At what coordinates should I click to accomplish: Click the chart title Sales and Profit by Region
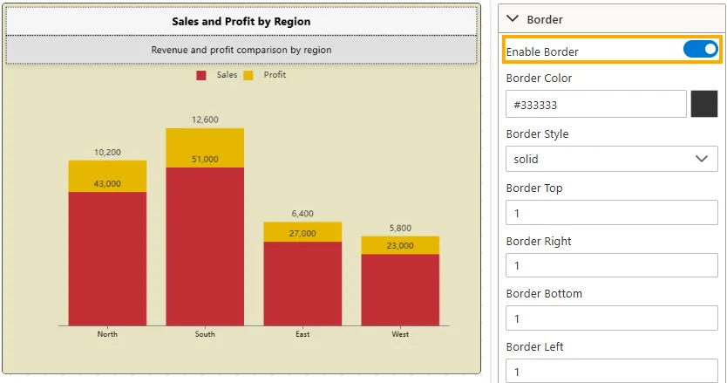(241, 21)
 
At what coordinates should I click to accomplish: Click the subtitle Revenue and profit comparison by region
(241, 50)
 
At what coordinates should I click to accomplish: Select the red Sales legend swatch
(201, 75)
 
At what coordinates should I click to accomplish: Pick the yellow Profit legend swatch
(248, 75)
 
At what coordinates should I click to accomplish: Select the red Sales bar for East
(302, 283)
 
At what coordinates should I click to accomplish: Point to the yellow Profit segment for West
(400, 245)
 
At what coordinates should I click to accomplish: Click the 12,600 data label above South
(205, 120)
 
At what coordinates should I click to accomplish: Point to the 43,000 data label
(107, 183)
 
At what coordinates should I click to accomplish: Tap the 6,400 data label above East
(302, 213)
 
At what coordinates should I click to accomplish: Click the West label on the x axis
(400, 334)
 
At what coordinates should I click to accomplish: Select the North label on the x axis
(107, 334)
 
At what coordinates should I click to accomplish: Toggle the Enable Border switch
(700, 50)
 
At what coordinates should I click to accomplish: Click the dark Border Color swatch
(703, 105)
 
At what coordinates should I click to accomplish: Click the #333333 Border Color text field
(595, 105)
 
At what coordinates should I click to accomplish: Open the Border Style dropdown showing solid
(611, 159)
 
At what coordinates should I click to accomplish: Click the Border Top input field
(611, 212)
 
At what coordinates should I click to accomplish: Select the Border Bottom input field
(611, 318)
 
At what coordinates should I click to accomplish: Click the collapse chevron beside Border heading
(513, 18)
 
